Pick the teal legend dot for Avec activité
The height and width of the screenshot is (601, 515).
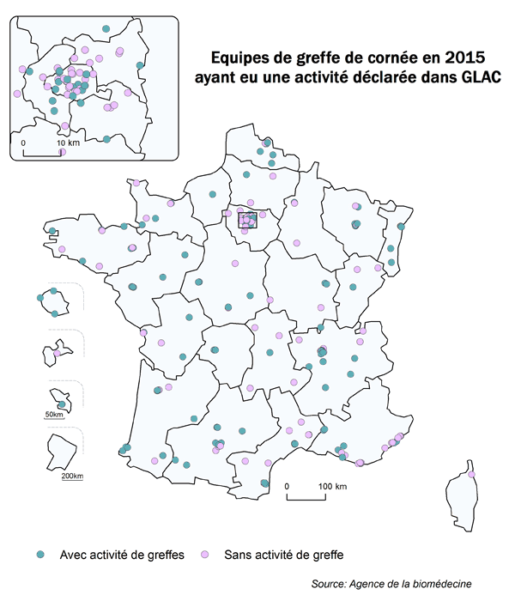click(41, 554)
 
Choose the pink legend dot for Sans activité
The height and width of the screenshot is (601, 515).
click(203, 554)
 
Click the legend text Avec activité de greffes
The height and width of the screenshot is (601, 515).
click(122, 554)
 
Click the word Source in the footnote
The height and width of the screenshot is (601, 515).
click(331, 584)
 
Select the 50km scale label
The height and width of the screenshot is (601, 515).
click(53, 416)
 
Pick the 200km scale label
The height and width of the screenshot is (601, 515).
click(73, 476)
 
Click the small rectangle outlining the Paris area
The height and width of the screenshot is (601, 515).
click(247, 220)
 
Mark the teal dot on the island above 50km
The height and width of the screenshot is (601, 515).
click(62, 404)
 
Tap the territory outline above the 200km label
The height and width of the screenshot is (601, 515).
click(61, 451)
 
